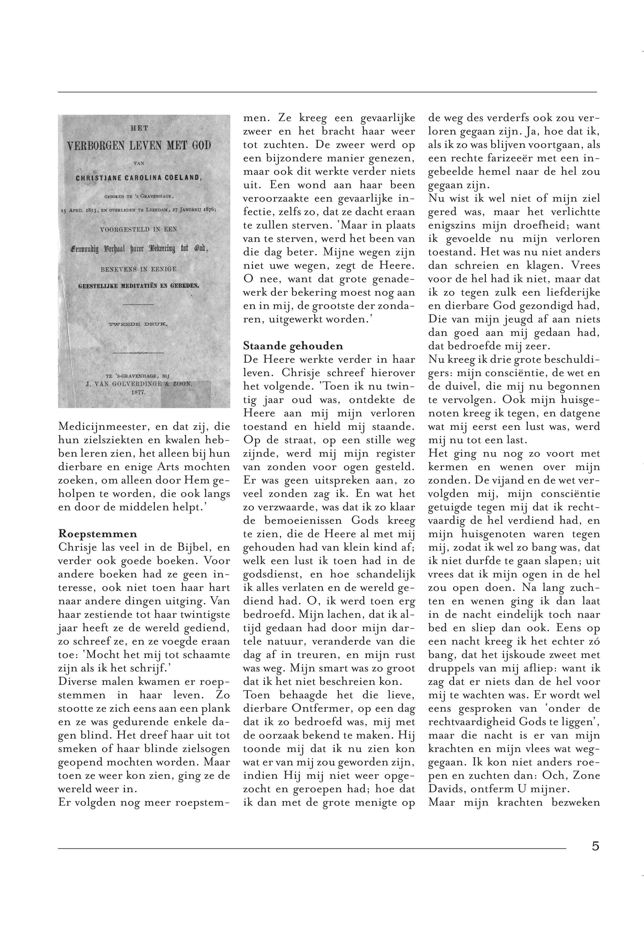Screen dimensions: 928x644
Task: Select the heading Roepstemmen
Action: (98, 533)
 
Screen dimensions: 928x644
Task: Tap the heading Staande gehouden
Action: (293, 346)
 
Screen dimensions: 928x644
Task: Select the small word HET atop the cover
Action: (140, 128)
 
